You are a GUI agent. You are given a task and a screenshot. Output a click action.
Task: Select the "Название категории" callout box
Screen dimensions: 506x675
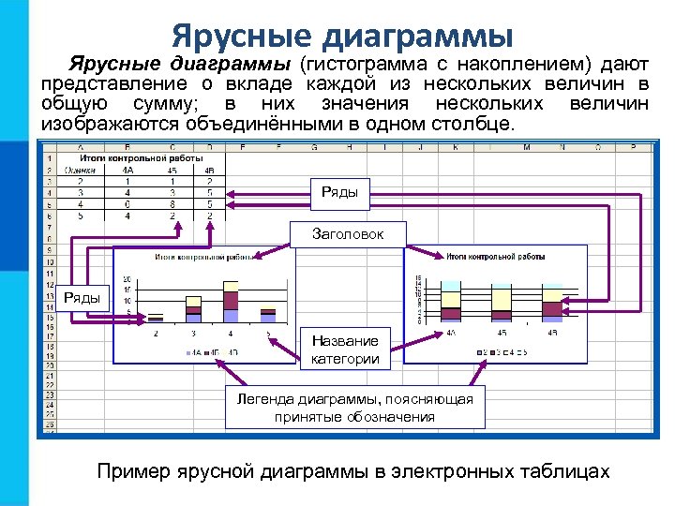coord(347,350)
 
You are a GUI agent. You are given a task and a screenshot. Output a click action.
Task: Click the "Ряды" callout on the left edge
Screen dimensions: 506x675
coord(82,297)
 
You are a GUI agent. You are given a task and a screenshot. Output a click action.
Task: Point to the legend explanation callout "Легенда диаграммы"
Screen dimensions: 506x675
coord(354,408)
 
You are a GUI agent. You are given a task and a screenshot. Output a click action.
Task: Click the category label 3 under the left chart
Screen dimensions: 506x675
coord(193,334)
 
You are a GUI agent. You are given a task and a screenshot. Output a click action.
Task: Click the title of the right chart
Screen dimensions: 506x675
coord(484,255)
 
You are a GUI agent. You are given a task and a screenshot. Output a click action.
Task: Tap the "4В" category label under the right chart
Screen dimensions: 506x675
coord(552,333)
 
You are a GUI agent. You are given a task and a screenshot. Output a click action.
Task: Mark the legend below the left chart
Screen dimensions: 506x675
coord(212,352)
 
